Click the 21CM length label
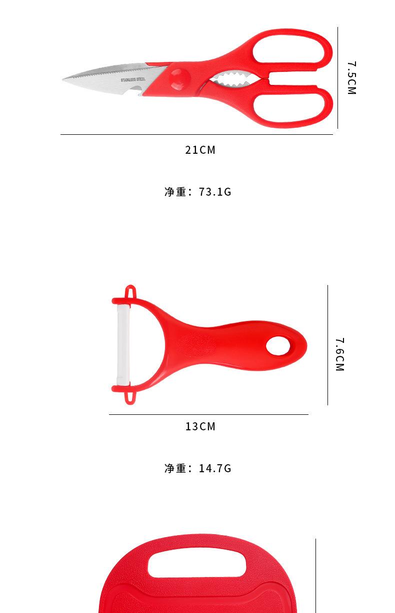pos(200,150)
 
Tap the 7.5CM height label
pos(351,78)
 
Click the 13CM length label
pos(200,426)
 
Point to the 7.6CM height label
pos(340,354)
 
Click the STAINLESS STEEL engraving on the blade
pos(133,80)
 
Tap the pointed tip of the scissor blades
pos(63,80)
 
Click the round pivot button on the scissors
pos(179,79)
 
